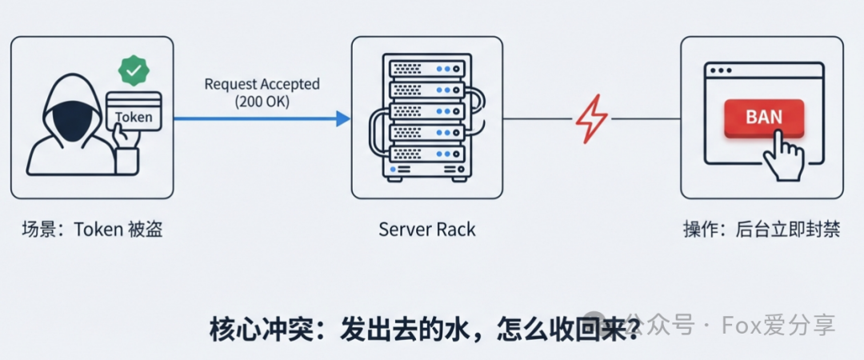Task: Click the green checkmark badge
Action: pyautogui.click(x=134, y=70)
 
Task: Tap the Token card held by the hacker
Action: pyautogui.click(x=134, y=110)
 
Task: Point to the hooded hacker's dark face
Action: pyautogui.click(x=69, y=114)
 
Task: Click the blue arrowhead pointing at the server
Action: pyautogui.click(x=342, y=119)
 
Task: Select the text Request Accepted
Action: pyautogui.click(x=262, y=84)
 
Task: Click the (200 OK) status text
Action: pyautogui.click(x=262, y=102)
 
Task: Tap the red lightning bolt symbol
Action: pyautogui.click(x=591, y=119)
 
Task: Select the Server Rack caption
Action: pyautogui.click(x=427, y=230)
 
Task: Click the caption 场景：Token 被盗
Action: pyautogui.click(x=97, y=230)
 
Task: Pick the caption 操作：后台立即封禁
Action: pyautogui.click(x=761, y=230)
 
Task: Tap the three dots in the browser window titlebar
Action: pyautogui.click(x=719, y=70)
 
